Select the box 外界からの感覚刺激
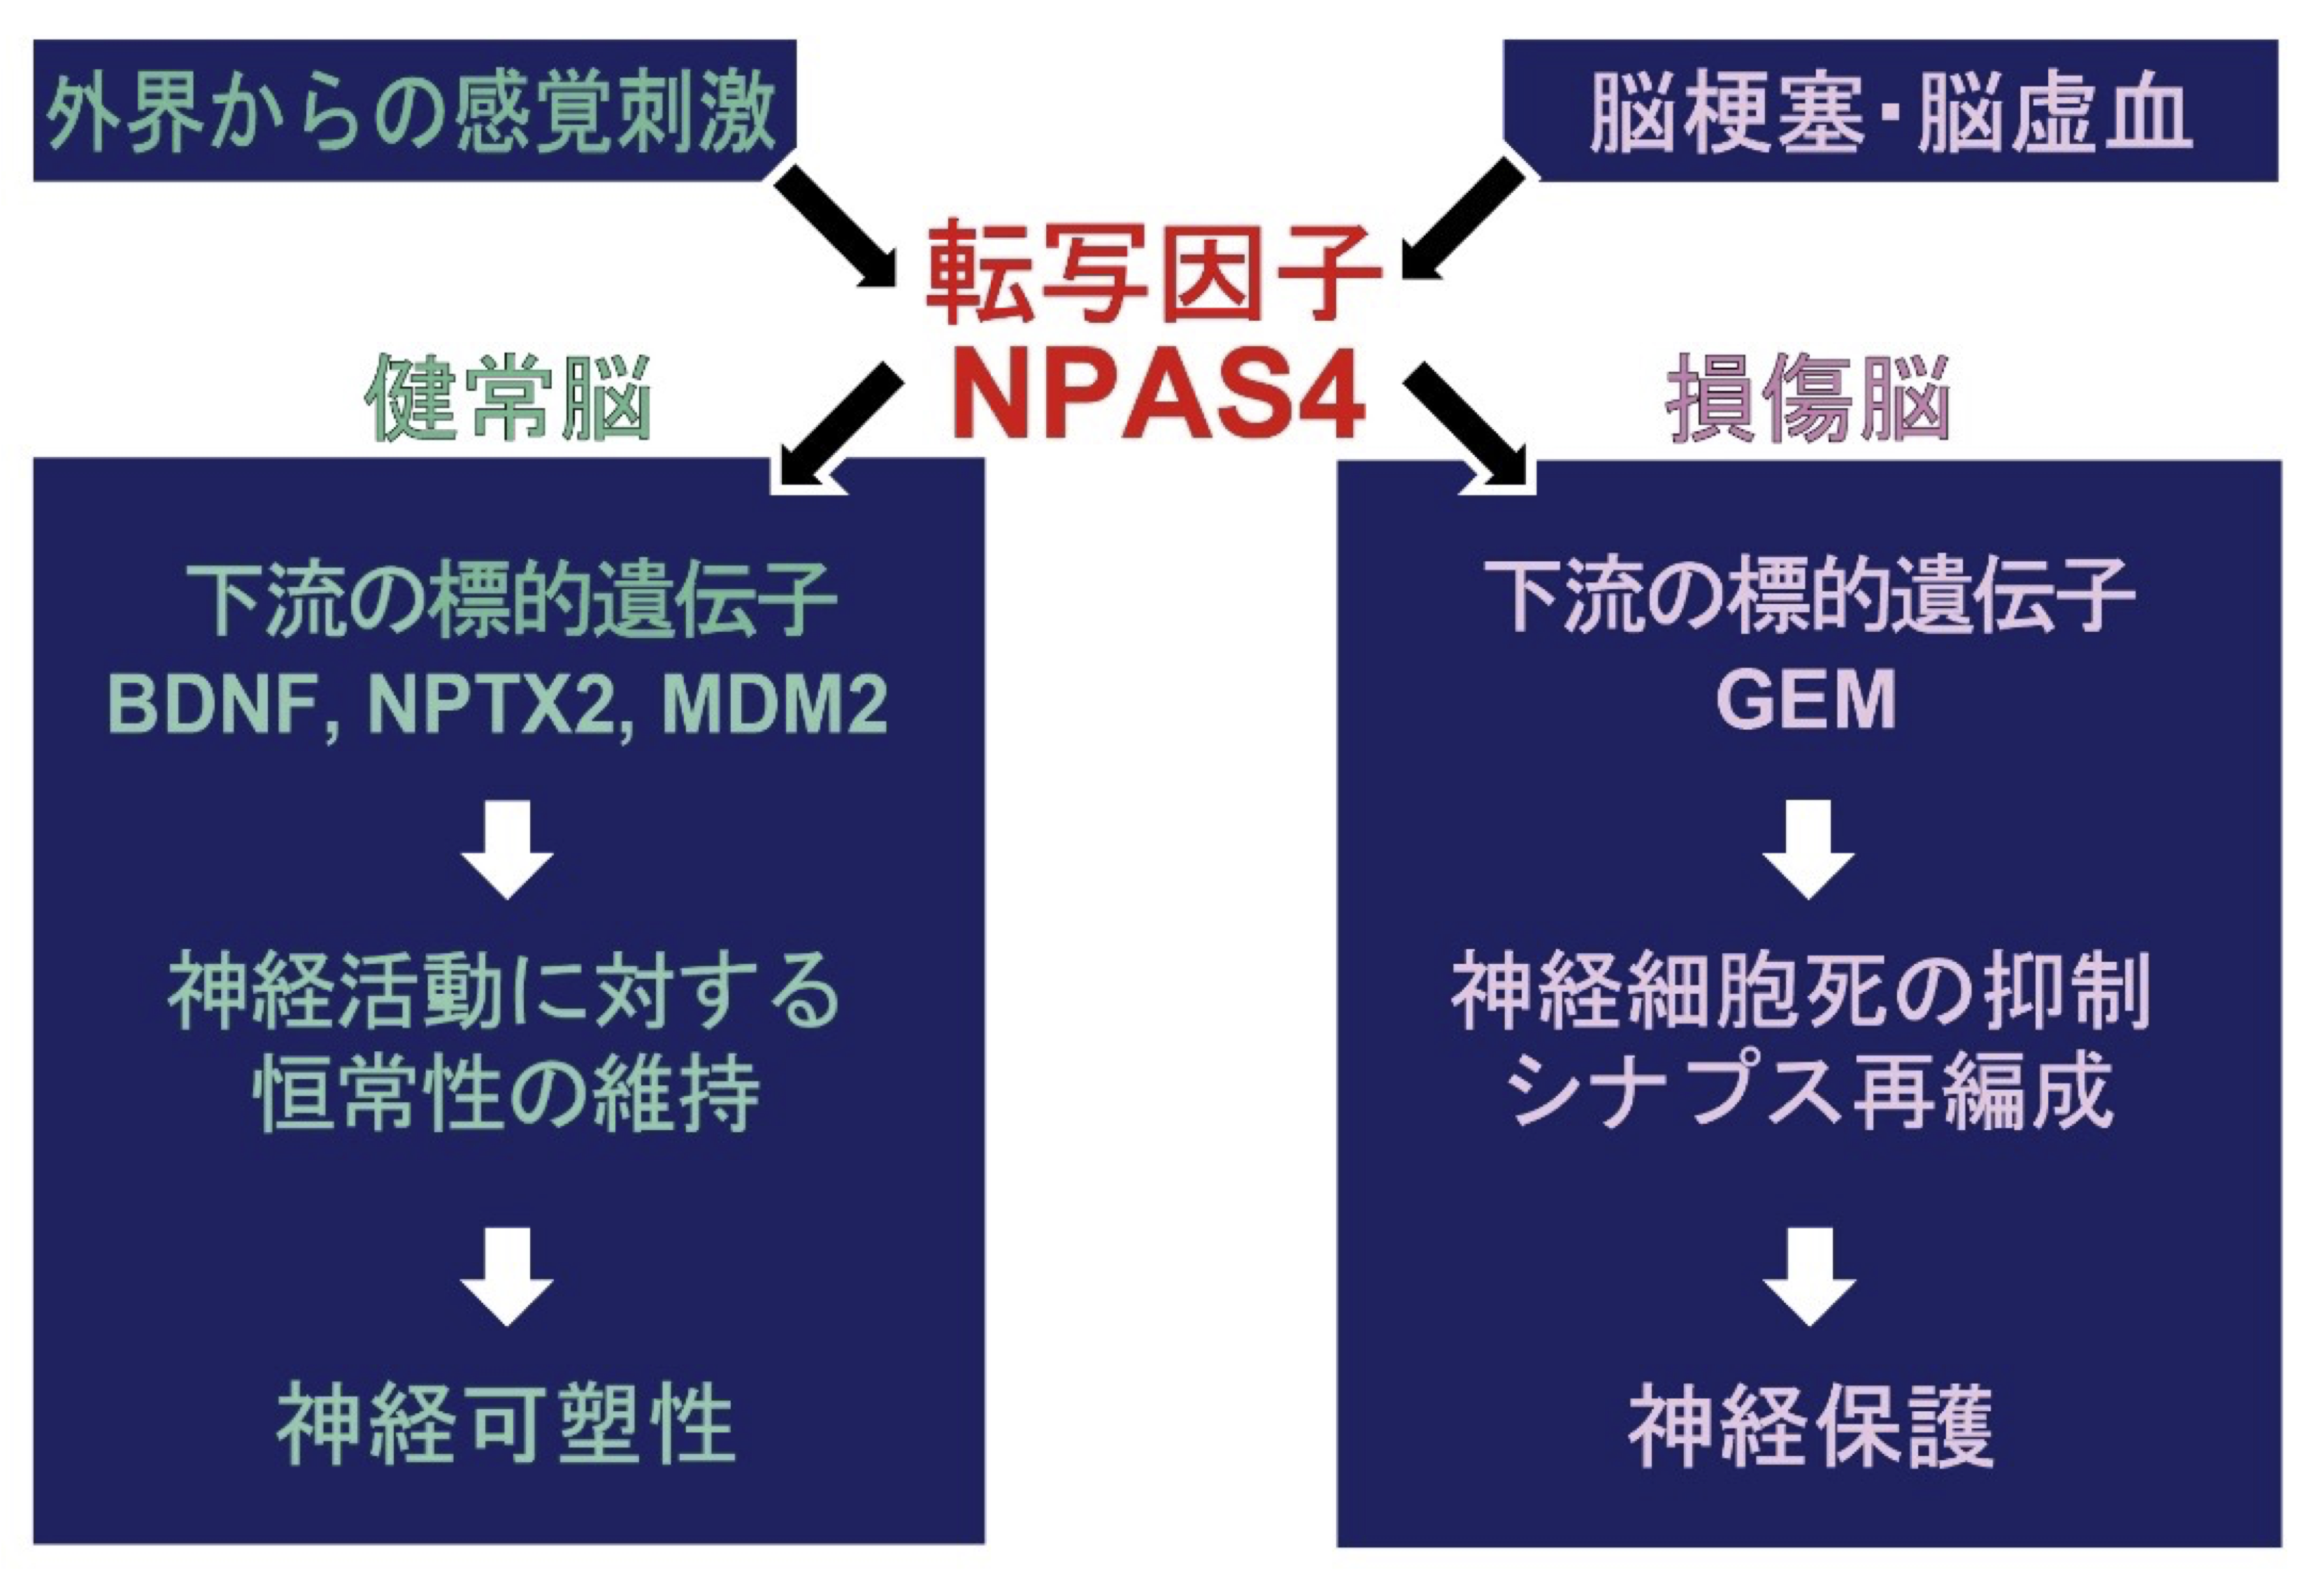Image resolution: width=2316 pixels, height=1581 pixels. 413,110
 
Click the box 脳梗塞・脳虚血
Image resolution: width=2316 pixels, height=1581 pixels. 1889,110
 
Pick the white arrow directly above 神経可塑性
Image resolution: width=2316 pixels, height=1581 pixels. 507,1276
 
